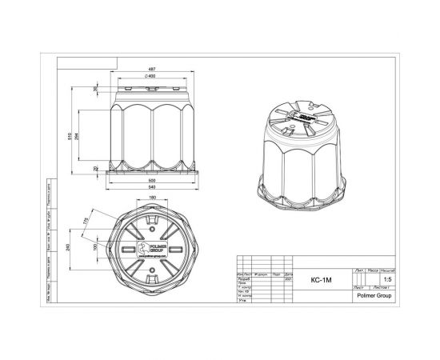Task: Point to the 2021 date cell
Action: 286,280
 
